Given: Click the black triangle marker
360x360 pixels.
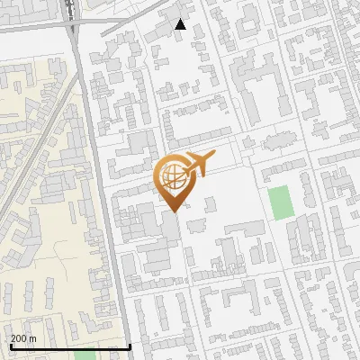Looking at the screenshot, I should click(x=181, y=24).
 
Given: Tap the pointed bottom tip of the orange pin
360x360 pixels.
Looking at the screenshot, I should click(x=170, y=211).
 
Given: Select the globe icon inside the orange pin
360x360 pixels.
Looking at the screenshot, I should click(x=170, y=175).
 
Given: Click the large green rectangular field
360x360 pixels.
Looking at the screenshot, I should click(x=282, y=202).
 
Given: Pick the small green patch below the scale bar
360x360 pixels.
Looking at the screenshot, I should click(x=85, y=355).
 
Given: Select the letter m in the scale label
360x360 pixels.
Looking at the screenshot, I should click(x=33, y=337).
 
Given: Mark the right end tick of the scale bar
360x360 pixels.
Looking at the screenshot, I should click(x=130, y=345).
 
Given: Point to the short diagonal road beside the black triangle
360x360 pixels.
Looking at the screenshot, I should click(x=135, y=23).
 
